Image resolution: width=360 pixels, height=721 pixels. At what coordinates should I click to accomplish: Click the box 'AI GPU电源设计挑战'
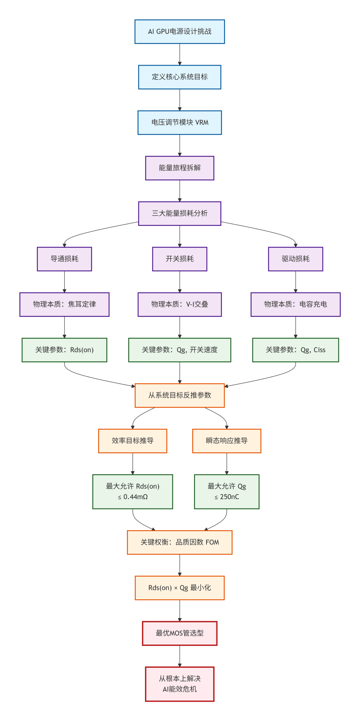[x=180, y=31]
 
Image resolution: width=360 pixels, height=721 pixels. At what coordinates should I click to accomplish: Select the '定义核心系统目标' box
[x=180, y=77]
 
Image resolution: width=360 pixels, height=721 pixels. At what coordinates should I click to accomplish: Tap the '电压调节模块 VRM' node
[x=180, y=122]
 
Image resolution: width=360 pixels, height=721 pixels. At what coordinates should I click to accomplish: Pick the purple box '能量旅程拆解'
[x=180, y=168]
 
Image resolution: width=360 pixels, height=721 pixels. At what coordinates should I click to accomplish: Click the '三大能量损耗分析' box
[x=180, y=213]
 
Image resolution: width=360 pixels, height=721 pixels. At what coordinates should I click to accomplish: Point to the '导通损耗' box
[x=64, y=259]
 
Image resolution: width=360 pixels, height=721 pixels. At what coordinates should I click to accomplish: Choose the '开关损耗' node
[x=180, y=259]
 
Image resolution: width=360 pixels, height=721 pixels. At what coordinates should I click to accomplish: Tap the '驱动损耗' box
[x=295, y=259]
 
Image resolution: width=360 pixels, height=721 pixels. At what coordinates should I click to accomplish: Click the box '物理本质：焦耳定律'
[x=64, y=304]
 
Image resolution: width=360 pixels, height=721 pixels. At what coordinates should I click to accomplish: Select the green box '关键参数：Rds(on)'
[x=64, y=350]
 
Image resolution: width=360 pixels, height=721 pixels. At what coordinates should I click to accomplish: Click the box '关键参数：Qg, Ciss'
[x=295, y=350]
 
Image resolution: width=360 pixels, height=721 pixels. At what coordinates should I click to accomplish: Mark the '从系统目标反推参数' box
[x=180, y=395]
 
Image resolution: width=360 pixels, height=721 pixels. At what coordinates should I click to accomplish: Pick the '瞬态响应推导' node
[x=226, y=441]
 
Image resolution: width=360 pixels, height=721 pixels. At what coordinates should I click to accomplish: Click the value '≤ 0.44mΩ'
[x=133, y=497]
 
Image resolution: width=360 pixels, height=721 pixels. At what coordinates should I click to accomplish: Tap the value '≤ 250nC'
[x=226, y=497]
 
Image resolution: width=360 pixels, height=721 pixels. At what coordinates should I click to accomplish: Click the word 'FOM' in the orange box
[x=212, y=542]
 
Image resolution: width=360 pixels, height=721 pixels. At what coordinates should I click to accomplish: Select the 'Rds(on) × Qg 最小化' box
[x=180, y=588]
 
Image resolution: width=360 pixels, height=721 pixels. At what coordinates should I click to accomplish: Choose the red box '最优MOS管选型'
[x=180, y=633]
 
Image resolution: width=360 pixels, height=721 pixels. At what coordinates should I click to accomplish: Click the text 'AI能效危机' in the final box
[x=180, y=689]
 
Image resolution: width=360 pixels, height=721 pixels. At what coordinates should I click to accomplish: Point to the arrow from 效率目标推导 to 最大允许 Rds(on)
[x=133, y=463]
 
